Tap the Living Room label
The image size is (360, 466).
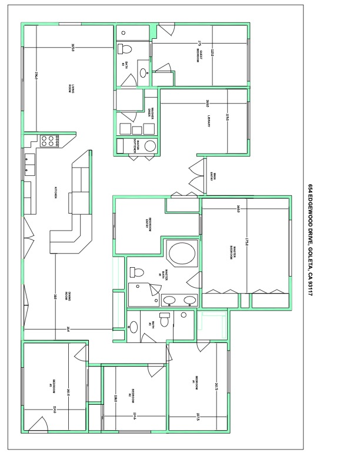coord(71,88)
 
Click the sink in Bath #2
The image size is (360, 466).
coord(143,73)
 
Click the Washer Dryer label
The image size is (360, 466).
coord(151,114)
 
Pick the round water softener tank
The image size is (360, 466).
coord(150,147)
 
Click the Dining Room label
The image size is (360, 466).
coord(69,297)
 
